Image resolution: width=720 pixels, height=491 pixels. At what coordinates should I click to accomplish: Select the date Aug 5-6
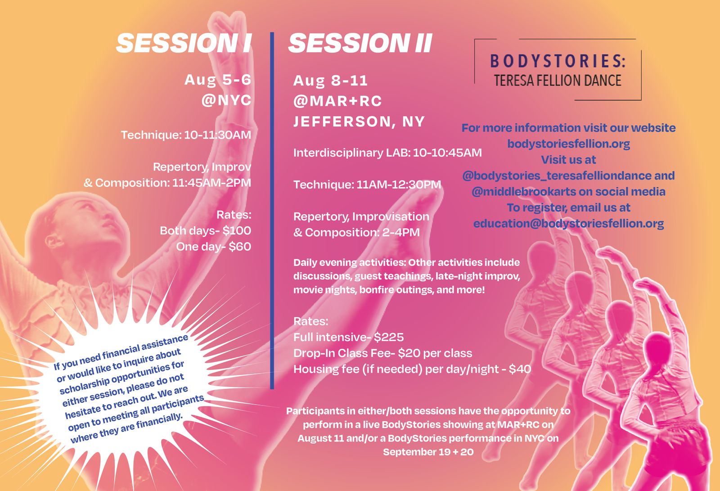tap(218, 80)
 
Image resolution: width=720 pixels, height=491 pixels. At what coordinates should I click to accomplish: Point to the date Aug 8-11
tap(330, 81)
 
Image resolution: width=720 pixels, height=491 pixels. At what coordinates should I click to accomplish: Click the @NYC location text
tap(226, 100)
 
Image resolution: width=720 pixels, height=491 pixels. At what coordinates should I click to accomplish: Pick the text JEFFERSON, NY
tap(359, 122)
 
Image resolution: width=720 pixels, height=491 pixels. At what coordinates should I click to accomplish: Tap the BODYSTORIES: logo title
tap(558, 61)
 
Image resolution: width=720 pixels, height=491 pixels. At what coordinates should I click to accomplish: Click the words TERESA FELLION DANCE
tap(558, 81)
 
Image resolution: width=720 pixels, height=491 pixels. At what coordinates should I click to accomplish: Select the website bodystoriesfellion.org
tap(569, 144)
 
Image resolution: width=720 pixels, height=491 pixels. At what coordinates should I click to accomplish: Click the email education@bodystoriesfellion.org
tap(569, 224)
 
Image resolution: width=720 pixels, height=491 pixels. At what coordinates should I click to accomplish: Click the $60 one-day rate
tap(240, 247)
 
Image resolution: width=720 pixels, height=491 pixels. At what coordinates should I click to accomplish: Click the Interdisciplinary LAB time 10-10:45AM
tap(447, 153)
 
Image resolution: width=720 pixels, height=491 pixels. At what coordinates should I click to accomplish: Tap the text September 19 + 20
tap(428, 452)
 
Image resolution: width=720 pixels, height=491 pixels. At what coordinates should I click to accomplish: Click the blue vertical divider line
tap(272, 211)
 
